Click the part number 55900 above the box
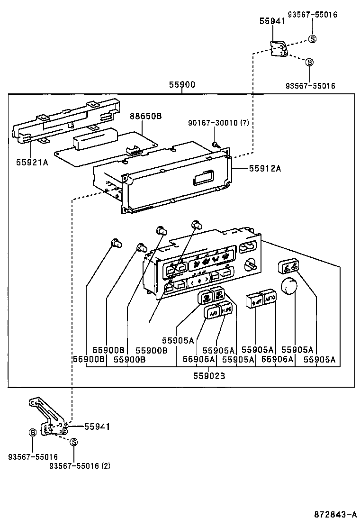[x=182, y=85]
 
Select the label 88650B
[x=146, y=116]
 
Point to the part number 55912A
[x=262, y=168]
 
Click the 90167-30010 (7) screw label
[x=218, y=124]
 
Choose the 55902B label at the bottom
[x=208, y=376]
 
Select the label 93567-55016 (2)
[x=80, y=465]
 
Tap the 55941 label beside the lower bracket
[x=97, y=427]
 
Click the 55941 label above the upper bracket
[x=272, y=21]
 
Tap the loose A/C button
[x=212, y=312]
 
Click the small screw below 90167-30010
[x=216, y=145]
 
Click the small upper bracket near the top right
[x=279, y=48]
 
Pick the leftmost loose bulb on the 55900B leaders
[x=115, y=243]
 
